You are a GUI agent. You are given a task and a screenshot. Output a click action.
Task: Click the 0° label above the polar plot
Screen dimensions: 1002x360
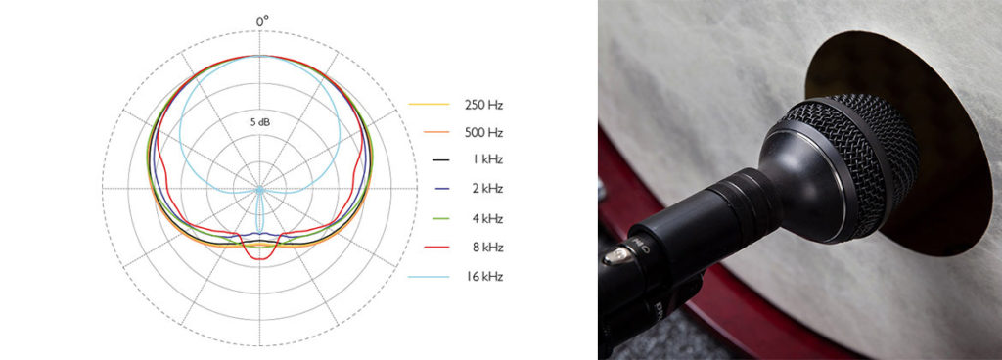point(262,22)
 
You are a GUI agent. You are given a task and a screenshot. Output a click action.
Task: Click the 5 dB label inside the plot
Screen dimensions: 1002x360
point(260,122)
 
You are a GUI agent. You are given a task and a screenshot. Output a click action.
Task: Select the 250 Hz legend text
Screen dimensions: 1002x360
point(483,105)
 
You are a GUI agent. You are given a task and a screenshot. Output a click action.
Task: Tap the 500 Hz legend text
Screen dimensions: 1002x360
point(483,133)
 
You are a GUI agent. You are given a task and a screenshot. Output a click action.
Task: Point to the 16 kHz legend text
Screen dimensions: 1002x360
point(483,277)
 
